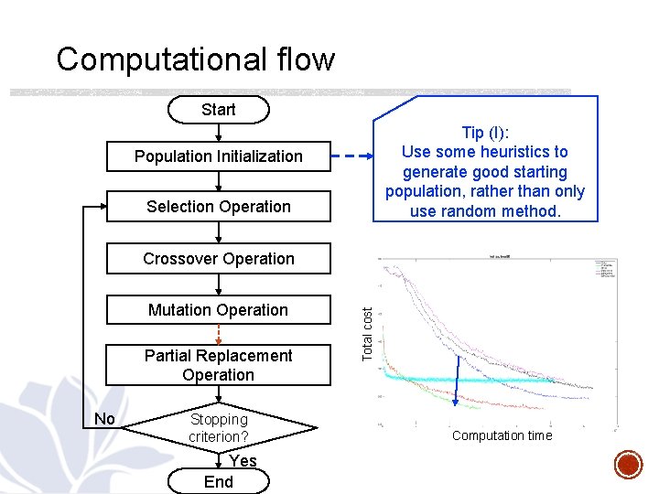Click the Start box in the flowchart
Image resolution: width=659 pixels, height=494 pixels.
[218, 110]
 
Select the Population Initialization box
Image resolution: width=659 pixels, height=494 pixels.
[218, 156]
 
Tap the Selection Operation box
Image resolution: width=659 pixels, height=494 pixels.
[218, 207]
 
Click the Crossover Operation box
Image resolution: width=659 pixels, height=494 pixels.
[218, 259]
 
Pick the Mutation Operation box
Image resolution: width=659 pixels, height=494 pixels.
[218, 310]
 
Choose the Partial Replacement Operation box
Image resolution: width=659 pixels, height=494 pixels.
[218, 365]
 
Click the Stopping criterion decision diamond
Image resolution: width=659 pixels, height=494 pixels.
[218, 427]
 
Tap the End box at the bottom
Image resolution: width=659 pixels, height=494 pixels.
[218, 482]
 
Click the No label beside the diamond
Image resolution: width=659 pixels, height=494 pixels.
[105, 419]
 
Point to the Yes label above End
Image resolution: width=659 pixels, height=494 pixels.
[243, 461]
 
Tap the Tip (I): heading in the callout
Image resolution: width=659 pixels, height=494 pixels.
[485, 132]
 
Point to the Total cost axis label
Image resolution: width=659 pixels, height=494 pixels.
[367, 334]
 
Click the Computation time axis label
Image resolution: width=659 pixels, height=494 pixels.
[502, 435]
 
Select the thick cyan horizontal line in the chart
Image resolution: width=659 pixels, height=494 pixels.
[476, 377]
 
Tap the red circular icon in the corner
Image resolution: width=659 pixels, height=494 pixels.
[629, 464]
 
